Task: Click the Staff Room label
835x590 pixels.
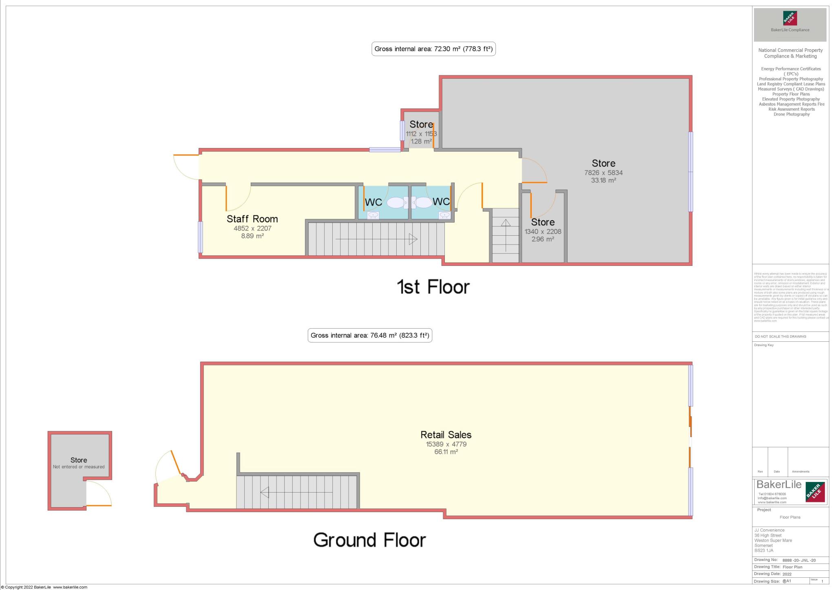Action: coord(252,219)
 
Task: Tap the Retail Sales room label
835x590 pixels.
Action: coord(446,435)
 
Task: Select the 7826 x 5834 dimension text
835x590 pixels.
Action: coord(603,172)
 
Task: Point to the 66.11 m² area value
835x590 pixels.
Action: coord(446,452)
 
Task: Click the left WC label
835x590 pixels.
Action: coord(373,202)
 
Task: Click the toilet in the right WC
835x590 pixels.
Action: coord(423,202)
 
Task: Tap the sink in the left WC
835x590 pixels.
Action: coord(373,215)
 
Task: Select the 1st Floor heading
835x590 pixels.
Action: coord(433,287)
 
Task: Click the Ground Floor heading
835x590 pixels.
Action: coord(369,540)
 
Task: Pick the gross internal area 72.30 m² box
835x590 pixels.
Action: coord(433,49)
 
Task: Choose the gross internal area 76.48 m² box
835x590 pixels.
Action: coord(369,336)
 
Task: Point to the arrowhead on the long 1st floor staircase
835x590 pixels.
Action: coord(413,239)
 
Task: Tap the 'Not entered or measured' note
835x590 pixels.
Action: coord(79,467)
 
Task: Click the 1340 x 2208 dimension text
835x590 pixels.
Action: coord(543,232)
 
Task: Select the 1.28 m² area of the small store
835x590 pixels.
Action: coord(421,141)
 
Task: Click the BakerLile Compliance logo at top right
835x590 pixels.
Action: coord(790,24)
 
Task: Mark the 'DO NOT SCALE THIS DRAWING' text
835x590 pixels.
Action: coord(780,336)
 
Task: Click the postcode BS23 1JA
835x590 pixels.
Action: coord(764,550)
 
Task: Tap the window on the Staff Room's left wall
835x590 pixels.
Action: coord(200,237)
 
